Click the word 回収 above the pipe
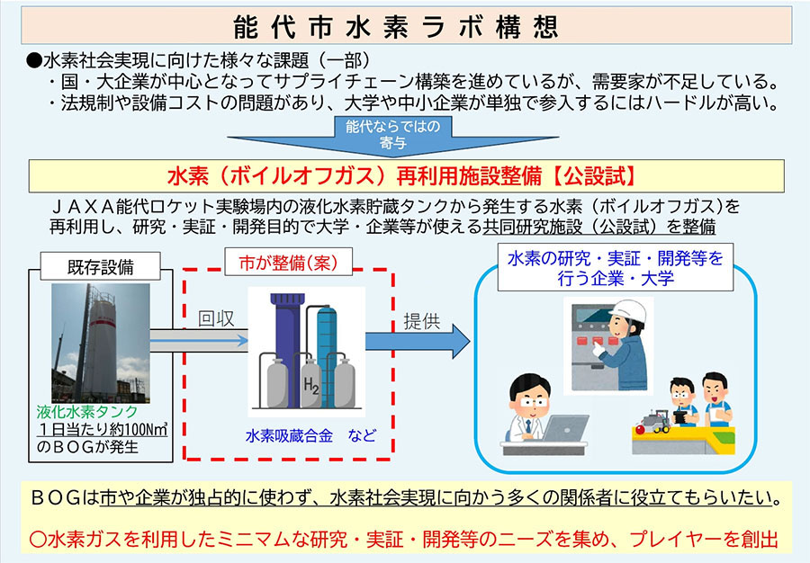(216, 319)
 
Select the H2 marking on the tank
(311, 389)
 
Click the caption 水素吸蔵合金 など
(310, 436)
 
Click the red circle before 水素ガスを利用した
(38, 541)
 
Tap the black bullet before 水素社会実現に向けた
(34, 61)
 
